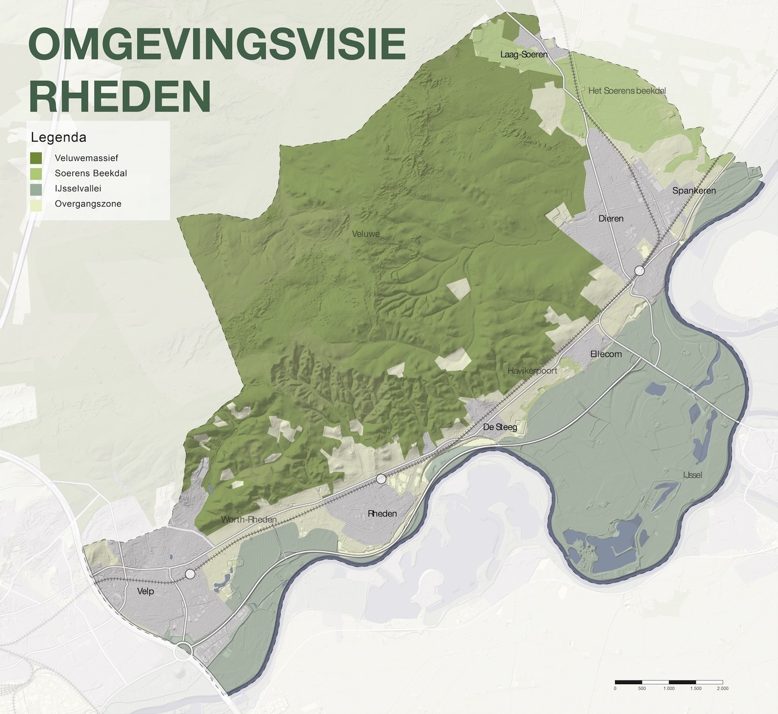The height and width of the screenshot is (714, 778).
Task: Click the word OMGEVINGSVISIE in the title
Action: tap(217, 47)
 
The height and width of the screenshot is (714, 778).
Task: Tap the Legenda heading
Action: tap(59, 137)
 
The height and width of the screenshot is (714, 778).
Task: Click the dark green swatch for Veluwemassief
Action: tap(37, 158)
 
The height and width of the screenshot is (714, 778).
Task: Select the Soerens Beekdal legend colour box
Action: tap(37, 174)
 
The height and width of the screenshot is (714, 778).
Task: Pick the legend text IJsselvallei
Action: tap(78, 188)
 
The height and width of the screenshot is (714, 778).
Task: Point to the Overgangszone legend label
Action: tap(88, 204)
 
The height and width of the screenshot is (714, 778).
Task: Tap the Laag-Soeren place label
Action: tap(524, 54)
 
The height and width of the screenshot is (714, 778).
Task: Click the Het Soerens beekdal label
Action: tap(626, 91)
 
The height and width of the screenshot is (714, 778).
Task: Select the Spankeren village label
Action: tap(694, 191)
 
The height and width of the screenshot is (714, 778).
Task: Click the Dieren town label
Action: tap(611, 219)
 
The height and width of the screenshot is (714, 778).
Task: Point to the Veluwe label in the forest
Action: tap(366, 234)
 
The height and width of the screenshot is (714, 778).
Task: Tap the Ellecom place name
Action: tap(606, 354)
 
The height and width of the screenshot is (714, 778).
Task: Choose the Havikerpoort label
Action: tap(532, 371)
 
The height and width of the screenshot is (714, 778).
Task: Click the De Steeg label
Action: tap(500, 427)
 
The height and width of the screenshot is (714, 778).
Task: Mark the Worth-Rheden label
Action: tap(249, 520)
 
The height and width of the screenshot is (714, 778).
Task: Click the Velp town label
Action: tap(145, 591)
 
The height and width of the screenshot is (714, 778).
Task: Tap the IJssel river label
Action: tap(692, 475)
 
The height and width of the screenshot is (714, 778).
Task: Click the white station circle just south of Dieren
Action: tap(640, 271)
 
